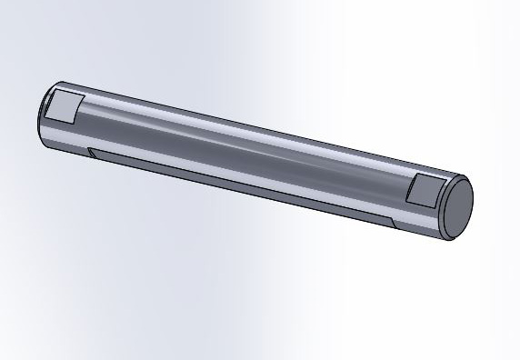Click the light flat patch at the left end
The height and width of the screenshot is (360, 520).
point(65,107)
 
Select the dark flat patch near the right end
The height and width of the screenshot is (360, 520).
point(424,191)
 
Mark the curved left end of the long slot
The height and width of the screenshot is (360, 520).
point(91,153)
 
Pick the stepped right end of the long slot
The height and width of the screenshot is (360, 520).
point(391,222)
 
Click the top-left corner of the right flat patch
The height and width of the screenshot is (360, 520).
point(414,175)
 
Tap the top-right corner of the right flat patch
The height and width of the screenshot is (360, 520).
point(444,181)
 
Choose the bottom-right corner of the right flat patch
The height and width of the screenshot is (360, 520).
point(433,208)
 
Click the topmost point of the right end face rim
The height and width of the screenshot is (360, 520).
point(464,178)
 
